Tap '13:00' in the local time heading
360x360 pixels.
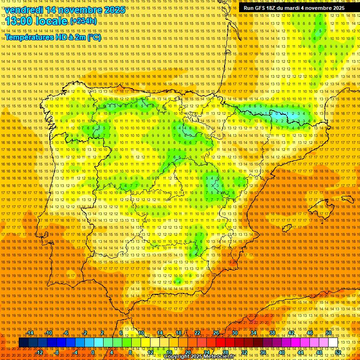tap(19, 22)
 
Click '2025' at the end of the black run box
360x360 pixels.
tap(336, 8)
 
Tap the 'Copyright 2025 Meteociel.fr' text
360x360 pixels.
tap(199, 357)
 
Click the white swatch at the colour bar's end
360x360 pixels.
tap(333, 343)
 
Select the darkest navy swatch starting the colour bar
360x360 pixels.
tap(23, 343)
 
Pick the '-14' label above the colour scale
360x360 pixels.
tap(30, 333)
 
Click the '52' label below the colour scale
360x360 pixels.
tap(338, 352)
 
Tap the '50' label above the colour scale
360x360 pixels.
tap(329, 333)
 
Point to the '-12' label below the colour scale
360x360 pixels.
tap(39, 352)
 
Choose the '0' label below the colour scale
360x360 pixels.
tap(93, 352)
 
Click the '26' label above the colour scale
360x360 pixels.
tap(216, 333)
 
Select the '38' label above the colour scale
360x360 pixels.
tap(272, 333)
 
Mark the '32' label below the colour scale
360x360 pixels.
tap(244, 352)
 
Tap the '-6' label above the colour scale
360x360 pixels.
tap(66, 333)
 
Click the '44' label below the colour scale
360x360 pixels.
tap(300, 352)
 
